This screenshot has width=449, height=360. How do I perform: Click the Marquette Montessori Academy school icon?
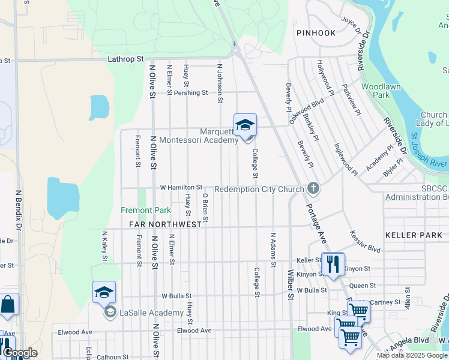[245, 125]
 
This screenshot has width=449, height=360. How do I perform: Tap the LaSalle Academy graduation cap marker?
[104, 292]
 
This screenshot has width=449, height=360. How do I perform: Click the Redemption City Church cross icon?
[313, 189]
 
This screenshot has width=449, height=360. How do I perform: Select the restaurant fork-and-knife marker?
[333, 263]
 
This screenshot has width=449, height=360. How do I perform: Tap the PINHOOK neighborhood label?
[315, 33]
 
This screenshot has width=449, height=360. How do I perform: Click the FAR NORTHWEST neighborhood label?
[165, 224]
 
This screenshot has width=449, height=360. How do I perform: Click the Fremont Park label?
[146, 210]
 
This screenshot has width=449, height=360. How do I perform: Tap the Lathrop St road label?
[126, 59]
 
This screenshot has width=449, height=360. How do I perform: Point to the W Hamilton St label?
[181, 188]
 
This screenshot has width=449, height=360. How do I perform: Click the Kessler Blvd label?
[365, 240]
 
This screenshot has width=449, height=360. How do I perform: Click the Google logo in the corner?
[20, 353]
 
